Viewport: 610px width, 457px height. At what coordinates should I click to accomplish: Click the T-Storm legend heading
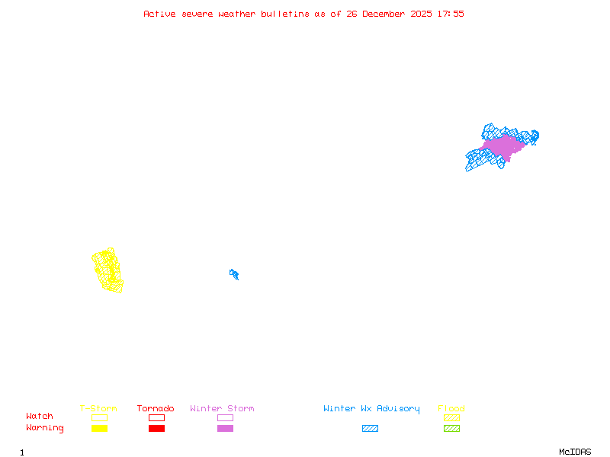click(98, 409)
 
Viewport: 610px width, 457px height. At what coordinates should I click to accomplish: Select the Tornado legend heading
click(156, 409)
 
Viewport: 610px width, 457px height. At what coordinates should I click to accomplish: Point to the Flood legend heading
click(451, 409)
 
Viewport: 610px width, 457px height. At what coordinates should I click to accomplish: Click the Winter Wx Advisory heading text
click(371, 409)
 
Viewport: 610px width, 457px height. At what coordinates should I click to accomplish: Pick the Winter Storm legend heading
click(222, 409)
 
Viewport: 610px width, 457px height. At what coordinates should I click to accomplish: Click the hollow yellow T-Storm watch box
click(99, 417)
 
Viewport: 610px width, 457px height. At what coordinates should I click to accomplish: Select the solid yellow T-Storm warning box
click(99, 429)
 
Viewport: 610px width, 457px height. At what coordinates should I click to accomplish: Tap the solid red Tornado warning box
click(156, 429)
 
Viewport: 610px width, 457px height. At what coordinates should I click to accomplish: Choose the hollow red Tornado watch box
click(156, 417)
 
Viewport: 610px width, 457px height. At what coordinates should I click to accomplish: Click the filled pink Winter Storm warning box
click(225, 429)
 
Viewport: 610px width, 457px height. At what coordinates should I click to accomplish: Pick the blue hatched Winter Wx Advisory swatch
click(370, 429)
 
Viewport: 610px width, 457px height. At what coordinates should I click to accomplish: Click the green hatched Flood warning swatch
click(451, 429)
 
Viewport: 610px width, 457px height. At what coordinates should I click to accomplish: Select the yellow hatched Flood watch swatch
click(451, 417)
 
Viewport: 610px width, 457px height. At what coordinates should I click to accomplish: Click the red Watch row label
click(40, 417)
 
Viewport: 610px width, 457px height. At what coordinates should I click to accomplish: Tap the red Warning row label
click(45, 428)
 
